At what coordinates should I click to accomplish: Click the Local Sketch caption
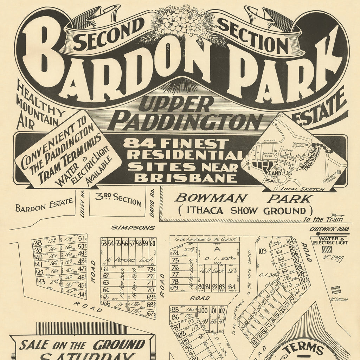click(x=308, y=189)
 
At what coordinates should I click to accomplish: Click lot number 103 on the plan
click(x=262, y=251)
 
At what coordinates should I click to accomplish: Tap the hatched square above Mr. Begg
click(x=327, y=249)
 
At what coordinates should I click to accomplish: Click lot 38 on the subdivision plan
click(x=38, y=243)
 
